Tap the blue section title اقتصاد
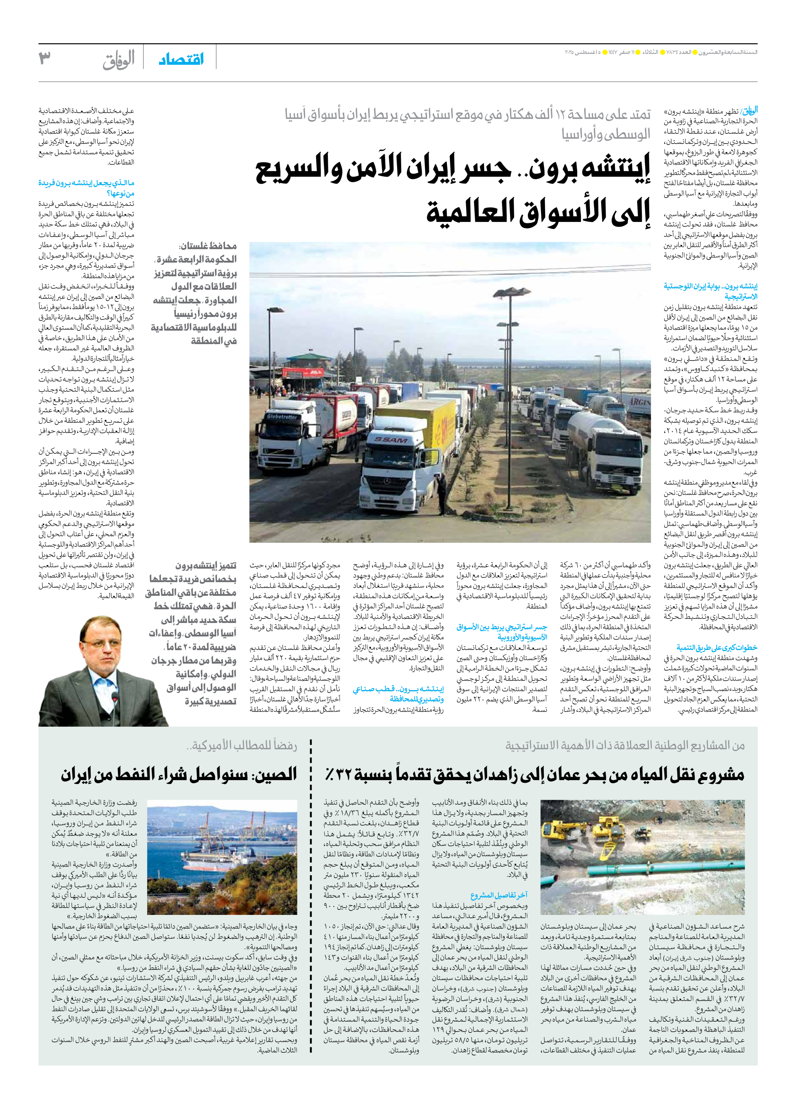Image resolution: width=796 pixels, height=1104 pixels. point(181,60)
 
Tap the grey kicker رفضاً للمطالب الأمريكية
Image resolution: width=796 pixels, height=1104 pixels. point(241,745)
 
